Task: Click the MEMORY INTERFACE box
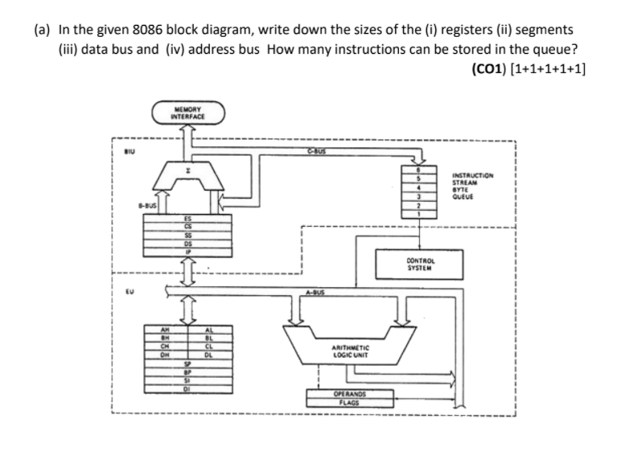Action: click(188, 115)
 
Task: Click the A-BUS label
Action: click(314, 294)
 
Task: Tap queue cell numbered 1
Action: click(417, 215)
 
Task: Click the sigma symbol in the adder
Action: click(187, 173)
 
